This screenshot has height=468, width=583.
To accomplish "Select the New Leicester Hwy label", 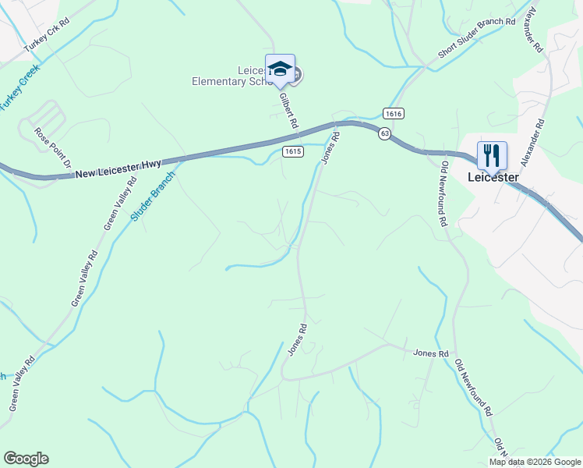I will (118, 169).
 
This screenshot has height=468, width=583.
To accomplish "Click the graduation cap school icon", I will (280, 69).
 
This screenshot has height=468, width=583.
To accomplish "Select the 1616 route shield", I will (393, 114).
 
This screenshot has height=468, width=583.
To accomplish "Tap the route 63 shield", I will (384, 134).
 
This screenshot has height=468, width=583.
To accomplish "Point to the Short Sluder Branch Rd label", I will (476, 38).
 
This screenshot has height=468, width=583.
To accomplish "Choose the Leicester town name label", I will (493, 177).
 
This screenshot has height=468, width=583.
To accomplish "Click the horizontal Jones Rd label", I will (431, 353).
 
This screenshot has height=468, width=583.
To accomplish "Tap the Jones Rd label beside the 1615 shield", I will (331, 147).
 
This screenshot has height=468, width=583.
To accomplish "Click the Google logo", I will (26, 459).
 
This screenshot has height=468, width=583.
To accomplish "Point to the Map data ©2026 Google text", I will (535, 462).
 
